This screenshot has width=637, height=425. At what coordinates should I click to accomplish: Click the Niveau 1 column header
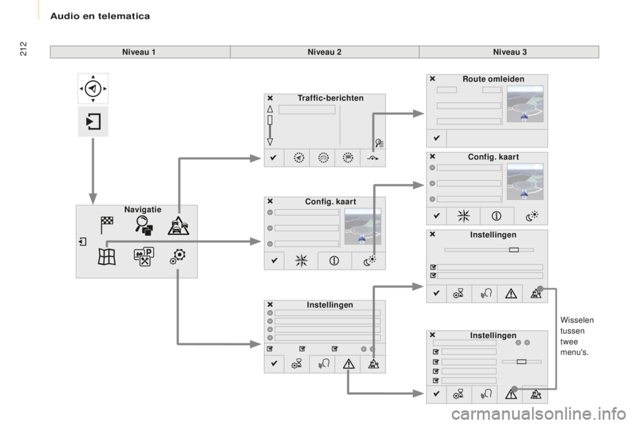click(x=139, y=52)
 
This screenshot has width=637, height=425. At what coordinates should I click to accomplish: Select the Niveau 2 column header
click(x=324, y=52)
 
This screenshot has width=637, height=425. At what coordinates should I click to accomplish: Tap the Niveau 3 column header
click(x=510, y=52)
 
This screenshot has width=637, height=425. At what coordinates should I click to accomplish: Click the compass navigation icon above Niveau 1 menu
click(x=93, y=88)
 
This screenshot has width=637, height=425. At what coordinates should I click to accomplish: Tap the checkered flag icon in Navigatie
click(x=107, y=225)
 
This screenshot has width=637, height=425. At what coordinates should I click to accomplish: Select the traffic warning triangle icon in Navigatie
click(x=178, y=226)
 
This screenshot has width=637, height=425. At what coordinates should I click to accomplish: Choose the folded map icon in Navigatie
click(x=107, y=257)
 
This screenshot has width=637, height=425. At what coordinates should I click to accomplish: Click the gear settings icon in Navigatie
click(x=178, y=256)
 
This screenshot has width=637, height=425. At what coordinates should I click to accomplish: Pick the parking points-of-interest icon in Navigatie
click(x=144, y=256)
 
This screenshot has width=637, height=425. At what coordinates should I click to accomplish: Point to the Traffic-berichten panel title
click(x=330, y=98)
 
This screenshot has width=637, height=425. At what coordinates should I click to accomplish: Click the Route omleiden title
click(x=493, y=79)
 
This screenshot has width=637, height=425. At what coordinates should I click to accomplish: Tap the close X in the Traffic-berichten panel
click(x=270, y=98)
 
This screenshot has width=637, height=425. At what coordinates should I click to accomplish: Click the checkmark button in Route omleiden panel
click(x=437, y=138)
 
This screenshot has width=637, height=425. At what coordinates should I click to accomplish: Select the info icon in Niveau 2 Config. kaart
click(x=334, y=261)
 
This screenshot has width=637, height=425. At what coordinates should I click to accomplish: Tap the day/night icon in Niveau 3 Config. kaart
click(x=531, y=216)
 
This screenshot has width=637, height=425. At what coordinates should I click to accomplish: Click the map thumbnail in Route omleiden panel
click(x=525, y=104)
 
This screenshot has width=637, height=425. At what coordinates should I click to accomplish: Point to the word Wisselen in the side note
click(x=577, y=320)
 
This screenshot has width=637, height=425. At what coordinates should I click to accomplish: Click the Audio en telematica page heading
click(x=100, y=16)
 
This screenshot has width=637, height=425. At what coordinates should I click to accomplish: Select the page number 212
click(x=23, y=48)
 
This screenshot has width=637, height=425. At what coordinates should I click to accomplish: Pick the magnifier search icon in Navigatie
click(x=144, y=225)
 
